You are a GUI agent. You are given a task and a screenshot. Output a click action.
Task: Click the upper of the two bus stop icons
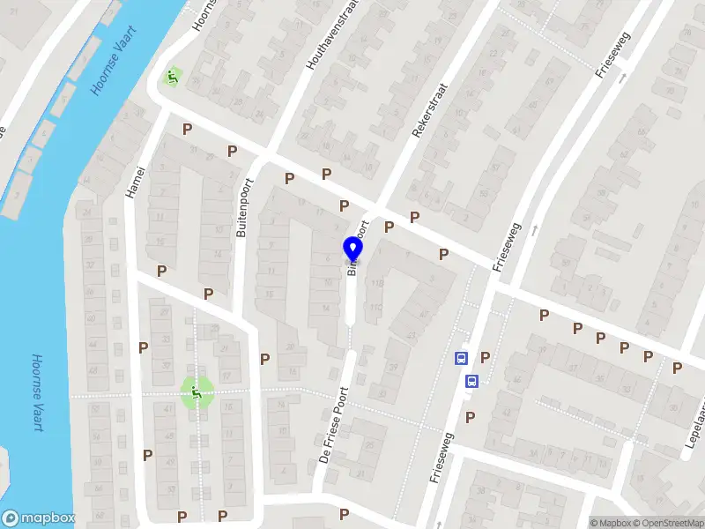pyautogui.click(x=460, y=358)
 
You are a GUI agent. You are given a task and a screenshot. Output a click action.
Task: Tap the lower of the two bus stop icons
pyautogui.click(x=472, y=382)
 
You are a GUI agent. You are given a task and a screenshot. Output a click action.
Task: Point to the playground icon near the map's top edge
pyautogui.click(x=173, y=78)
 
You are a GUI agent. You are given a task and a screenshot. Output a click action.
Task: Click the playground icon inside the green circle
pyautogui.click(x=197, y=392)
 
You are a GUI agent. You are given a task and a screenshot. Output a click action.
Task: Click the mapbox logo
pyautogui.click(x=39, y=518)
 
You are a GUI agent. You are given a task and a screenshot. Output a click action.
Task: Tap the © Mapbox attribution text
pyautogui.click(x=612, y=523)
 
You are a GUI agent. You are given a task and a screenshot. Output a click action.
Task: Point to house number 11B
pyautogui.click(x=376, y=284)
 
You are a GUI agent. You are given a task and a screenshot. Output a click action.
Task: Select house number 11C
pyautogui.click(x=376, y=307)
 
